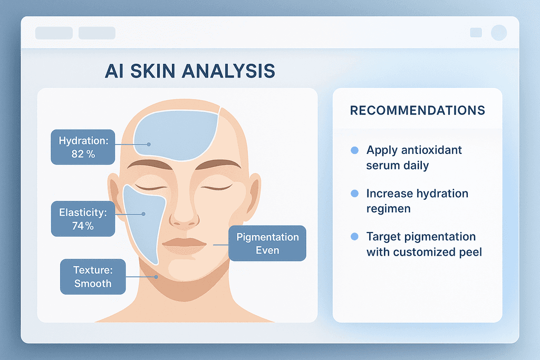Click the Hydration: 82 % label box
(83, 147)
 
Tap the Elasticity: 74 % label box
(83, 219)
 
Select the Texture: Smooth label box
(93, 277)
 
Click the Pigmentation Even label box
(267, 244)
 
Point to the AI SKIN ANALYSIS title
(190, 71)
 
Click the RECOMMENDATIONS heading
(418, 111)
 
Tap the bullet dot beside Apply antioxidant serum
(355, 150)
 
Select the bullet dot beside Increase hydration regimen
(355, 193)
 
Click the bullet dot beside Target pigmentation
(355, 237)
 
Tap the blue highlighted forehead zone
(176, 135)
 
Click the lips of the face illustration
(184, 245)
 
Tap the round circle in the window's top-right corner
(499, 33)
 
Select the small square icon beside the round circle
(476, 33)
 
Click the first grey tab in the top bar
(54, 33)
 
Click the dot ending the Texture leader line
(156, 277)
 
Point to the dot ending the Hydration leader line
(149, 144)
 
